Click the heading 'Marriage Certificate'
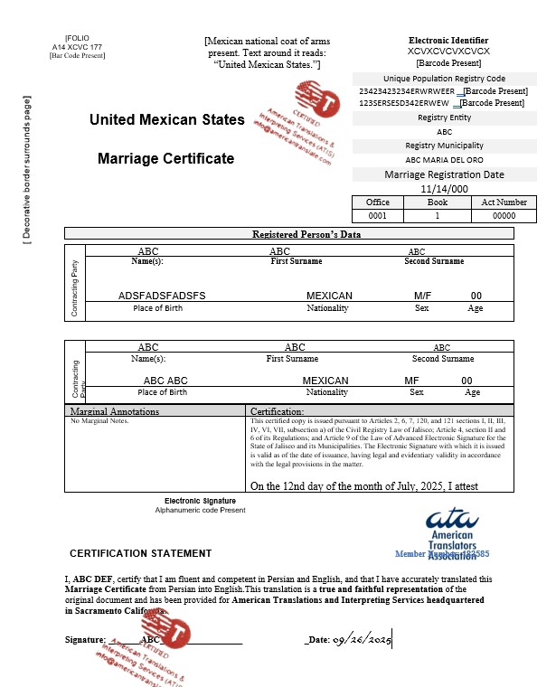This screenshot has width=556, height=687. coord(165,158)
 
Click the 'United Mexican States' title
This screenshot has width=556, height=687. coord(166,119)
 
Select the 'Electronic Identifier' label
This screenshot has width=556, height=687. coord(448,41)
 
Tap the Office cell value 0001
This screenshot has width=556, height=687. coord(379,216)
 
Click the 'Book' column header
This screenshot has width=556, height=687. coord(438,202)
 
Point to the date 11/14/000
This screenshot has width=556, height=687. coord(445,189)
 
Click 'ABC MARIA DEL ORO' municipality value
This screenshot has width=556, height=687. coord(445,160)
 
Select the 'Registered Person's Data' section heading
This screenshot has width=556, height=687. coord(306,234)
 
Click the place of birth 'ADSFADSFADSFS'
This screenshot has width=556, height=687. coord(162,296)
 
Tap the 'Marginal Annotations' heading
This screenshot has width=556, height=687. coord(115,411)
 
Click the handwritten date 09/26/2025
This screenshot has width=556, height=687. coord(362,640)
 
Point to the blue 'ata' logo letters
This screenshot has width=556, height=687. coord(457,520)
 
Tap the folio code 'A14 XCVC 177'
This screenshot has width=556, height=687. coord(77,46)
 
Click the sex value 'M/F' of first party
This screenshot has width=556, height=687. coord(422,296)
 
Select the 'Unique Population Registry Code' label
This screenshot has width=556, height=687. coord(445,79)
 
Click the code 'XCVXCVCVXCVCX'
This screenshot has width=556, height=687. coord(448,52)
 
